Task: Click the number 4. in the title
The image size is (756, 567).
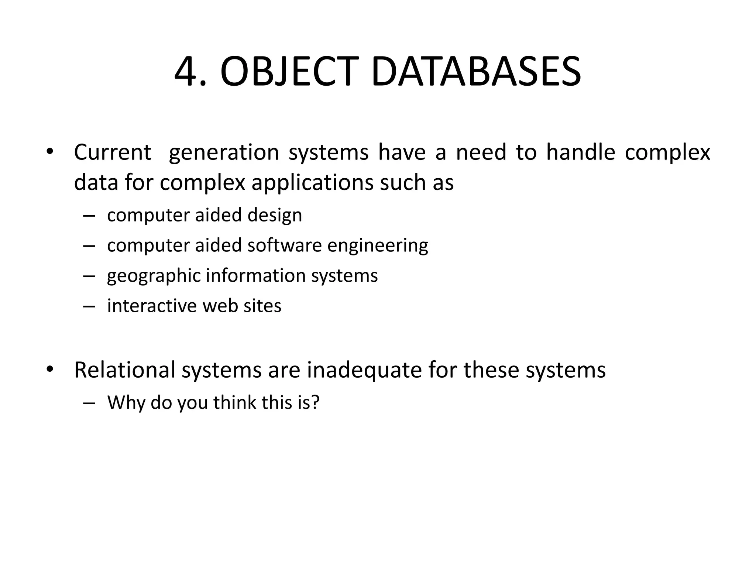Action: tap(190, 72)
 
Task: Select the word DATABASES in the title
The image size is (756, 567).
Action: tap(476, 72)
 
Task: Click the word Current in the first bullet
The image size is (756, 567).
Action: tap(113, 152)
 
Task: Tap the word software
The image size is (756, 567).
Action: tap(285, 245)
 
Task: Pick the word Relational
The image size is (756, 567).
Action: tap(125, 370)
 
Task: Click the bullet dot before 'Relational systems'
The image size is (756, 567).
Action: tap(50, 369)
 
